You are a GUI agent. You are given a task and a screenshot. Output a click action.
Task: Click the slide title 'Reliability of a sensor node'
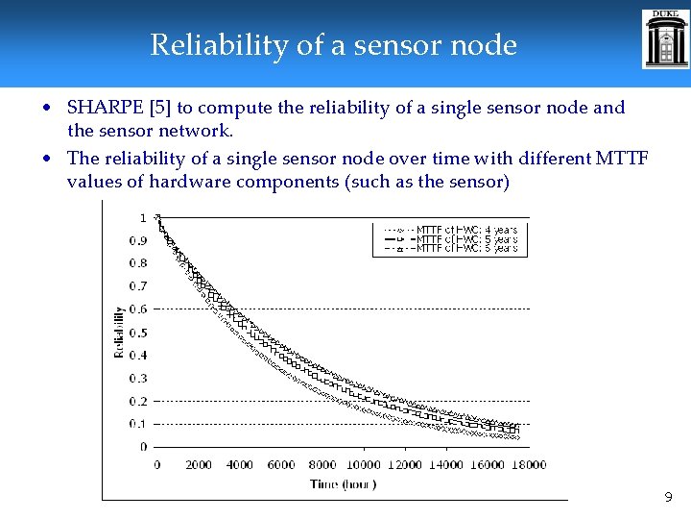(333, 45)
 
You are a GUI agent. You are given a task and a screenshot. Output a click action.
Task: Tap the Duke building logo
(665, 39)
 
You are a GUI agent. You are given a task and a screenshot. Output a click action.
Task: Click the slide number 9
(668, 498)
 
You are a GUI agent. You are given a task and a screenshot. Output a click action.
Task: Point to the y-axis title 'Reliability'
(120, 332)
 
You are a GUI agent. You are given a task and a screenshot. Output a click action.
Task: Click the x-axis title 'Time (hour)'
(344, 484)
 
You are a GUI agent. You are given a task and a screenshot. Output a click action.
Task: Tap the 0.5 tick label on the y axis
(138, 333)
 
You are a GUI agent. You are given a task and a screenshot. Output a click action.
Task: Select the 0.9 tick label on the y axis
(138, 240)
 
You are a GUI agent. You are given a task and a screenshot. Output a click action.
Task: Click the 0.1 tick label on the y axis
(138, 424)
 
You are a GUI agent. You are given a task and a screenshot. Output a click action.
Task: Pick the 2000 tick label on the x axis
(198, 465)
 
